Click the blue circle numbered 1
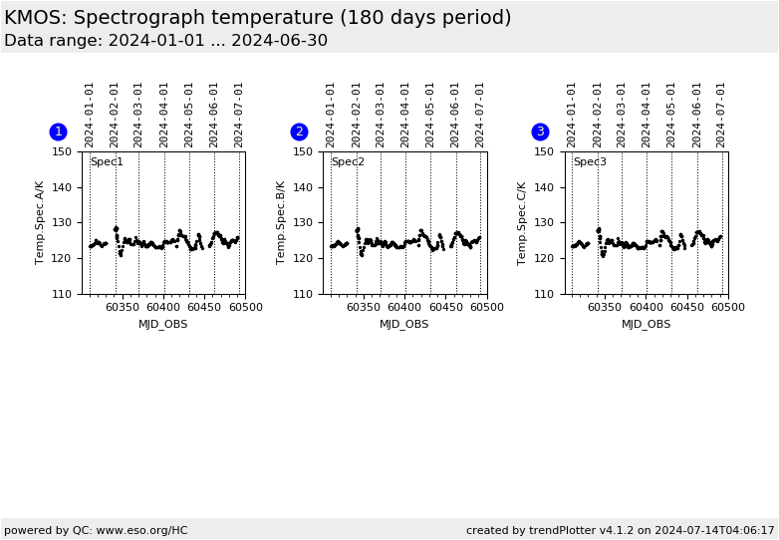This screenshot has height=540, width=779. click(x=58, y=132)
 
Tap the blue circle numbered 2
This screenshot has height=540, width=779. click(x=299, y=132)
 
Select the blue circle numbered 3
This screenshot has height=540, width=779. click(x=540, y=132)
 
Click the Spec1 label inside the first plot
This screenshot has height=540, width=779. click(x=107, y=162)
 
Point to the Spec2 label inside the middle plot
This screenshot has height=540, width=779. click(x=348, y=162)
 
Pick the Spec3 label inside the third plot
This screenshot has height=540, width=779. click(x=589, y=162)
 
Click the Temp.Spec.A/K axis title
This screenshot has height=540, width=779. click(x=41, y=222)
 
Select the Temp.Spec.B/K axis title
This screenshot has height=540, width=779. click(x=282, y=222)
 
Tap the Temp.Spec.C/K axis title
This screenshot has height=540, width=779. click(x=523, y=222)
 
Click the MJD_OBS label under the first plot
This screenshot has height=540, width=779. click(x=163, y=324)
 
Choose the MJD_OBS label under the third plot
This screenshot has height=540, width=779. click(x=646, y=324)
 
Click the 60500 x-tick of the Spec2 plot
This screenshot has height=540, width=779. click(x=486, y=308)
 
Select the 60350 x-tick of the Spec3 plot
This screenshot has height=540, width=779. click(x=604, y=308)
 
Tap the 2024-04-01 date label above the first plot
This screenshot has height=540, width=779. click(x=164, y=115)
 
